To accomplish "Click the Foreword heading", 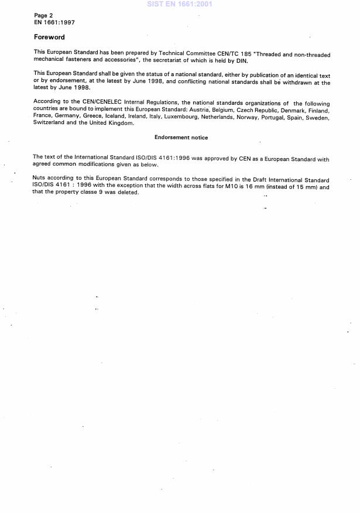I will click(49, 37).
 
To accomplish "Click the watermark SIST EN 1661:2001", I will click(179, 4).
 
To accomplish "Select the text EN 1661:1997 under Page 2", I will click(54, 23).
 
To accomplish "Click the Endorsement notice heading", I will click(181, 138).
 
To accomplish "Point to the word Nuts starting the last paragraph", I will click(40, 180).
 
